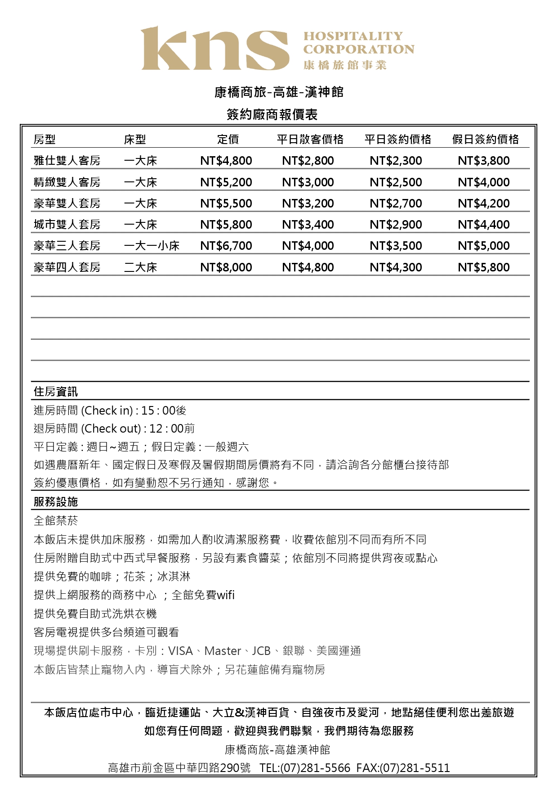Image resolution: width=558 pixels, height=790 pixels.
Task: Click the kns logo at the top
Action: tap(215, 49)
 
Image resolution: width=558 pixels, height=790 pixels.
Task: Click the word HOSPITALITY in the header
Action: tap(353, 36)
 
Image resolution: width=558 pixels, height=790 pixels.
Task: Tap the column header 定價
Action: tap(228, 140)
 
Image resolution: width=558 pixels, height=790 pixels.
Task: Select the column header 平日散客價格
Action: tap(310, 140)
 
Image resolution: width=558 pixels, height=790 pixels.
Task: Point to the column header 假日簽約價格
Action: tap(485, 140)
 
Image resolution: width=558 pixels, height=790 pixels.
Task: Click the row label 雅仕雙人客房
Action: tap(67, 161)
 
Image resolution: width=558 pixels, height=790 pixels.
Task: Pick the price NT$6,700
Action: tap(226, 246)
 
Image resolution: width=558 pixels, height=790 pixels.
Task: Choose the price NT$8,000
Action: tap(226, 267)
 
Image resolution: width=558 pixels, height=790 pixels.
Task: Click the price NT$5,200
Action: tap(226, 182)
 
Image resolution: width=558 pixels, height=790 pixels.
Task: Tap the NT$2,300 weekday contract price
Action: tap(396, 161)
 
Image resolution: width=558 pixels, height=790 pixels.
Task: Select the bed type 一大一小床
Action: tap(152, 246)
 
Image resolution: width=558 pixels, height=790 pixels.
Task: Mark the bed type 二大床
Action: tap(140, 267)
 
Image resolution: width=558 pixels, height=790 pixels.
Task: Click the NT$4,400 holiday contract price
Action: tap(483, 225)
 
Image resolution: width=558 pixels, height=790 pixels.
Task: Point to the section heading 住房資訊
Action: tap(56, 392)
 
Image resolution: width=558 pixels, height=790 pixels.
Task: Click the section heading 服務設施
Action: tap(56, 502)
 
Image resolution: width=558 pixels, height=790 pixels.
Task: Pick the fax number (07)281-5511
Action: tap(415, 768)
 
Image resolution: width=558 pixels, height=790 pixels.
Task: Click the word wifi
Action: tap(225, 595)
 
